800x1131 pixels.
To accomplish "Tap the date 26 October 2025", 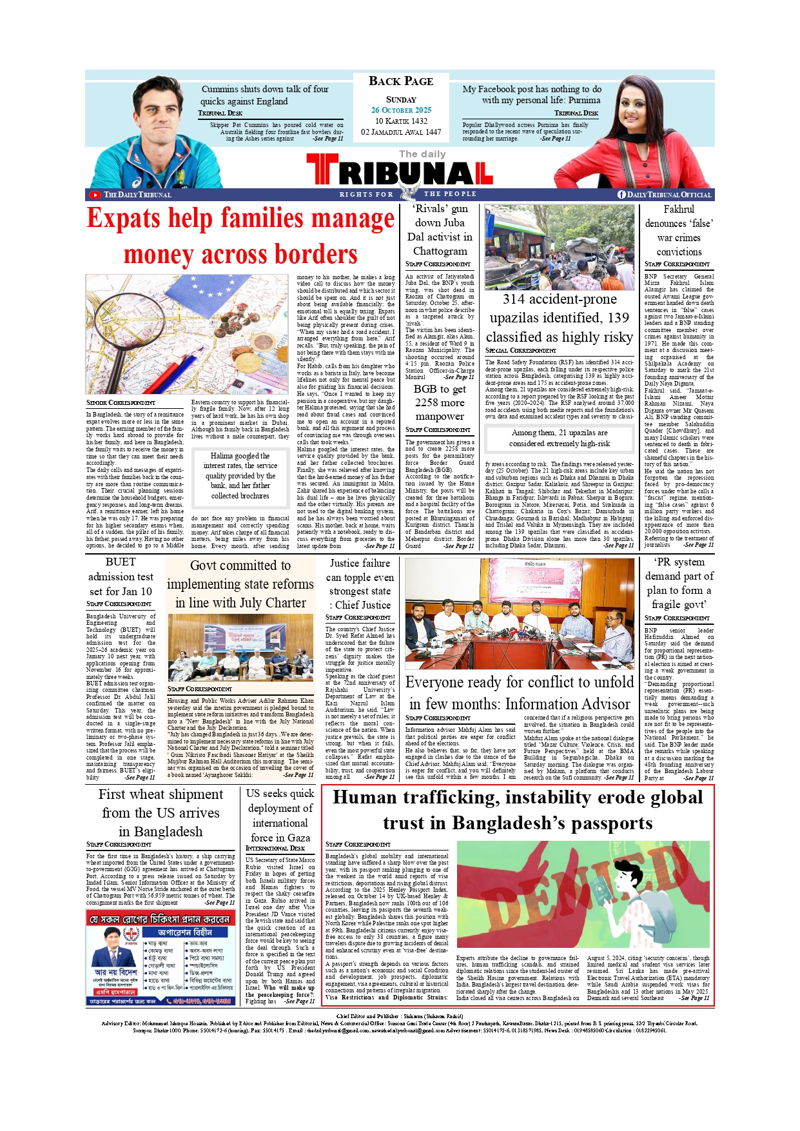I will click(401, 110).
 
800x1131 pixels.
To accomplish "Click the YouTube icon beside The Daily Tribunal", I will click(95, 195).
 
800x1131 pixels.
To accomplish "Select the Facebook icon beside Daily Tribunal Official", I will click(621, 195).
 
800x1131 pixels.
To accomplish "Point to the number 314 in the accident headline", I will click(514, 299).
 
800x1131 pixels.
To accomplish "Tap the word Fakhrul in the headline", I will click(679, 210).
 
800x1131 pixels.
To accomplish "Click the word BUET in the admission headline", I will click(121, 562).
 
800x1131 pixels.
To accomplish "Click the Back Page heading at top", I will click(401, 81).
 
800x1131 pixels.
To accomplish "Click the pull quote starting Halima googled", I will click(240, 476).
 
